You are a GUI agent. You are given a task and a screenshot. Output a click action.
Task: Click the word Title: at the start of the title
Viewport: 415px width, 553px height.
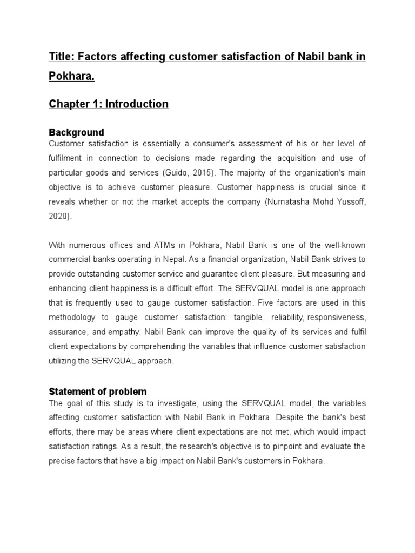[62, 57]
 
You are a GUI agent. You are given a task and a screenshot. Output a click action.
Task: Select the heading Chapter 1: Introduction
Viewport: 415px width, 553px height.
[109, 104]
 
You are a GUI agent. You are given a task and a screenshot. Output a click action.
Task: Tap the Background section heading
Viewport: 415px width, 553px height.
[76, 132]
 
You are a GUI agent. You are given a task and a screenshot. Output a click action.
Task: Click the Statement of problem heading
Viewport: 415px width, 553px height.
[98, 392]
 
